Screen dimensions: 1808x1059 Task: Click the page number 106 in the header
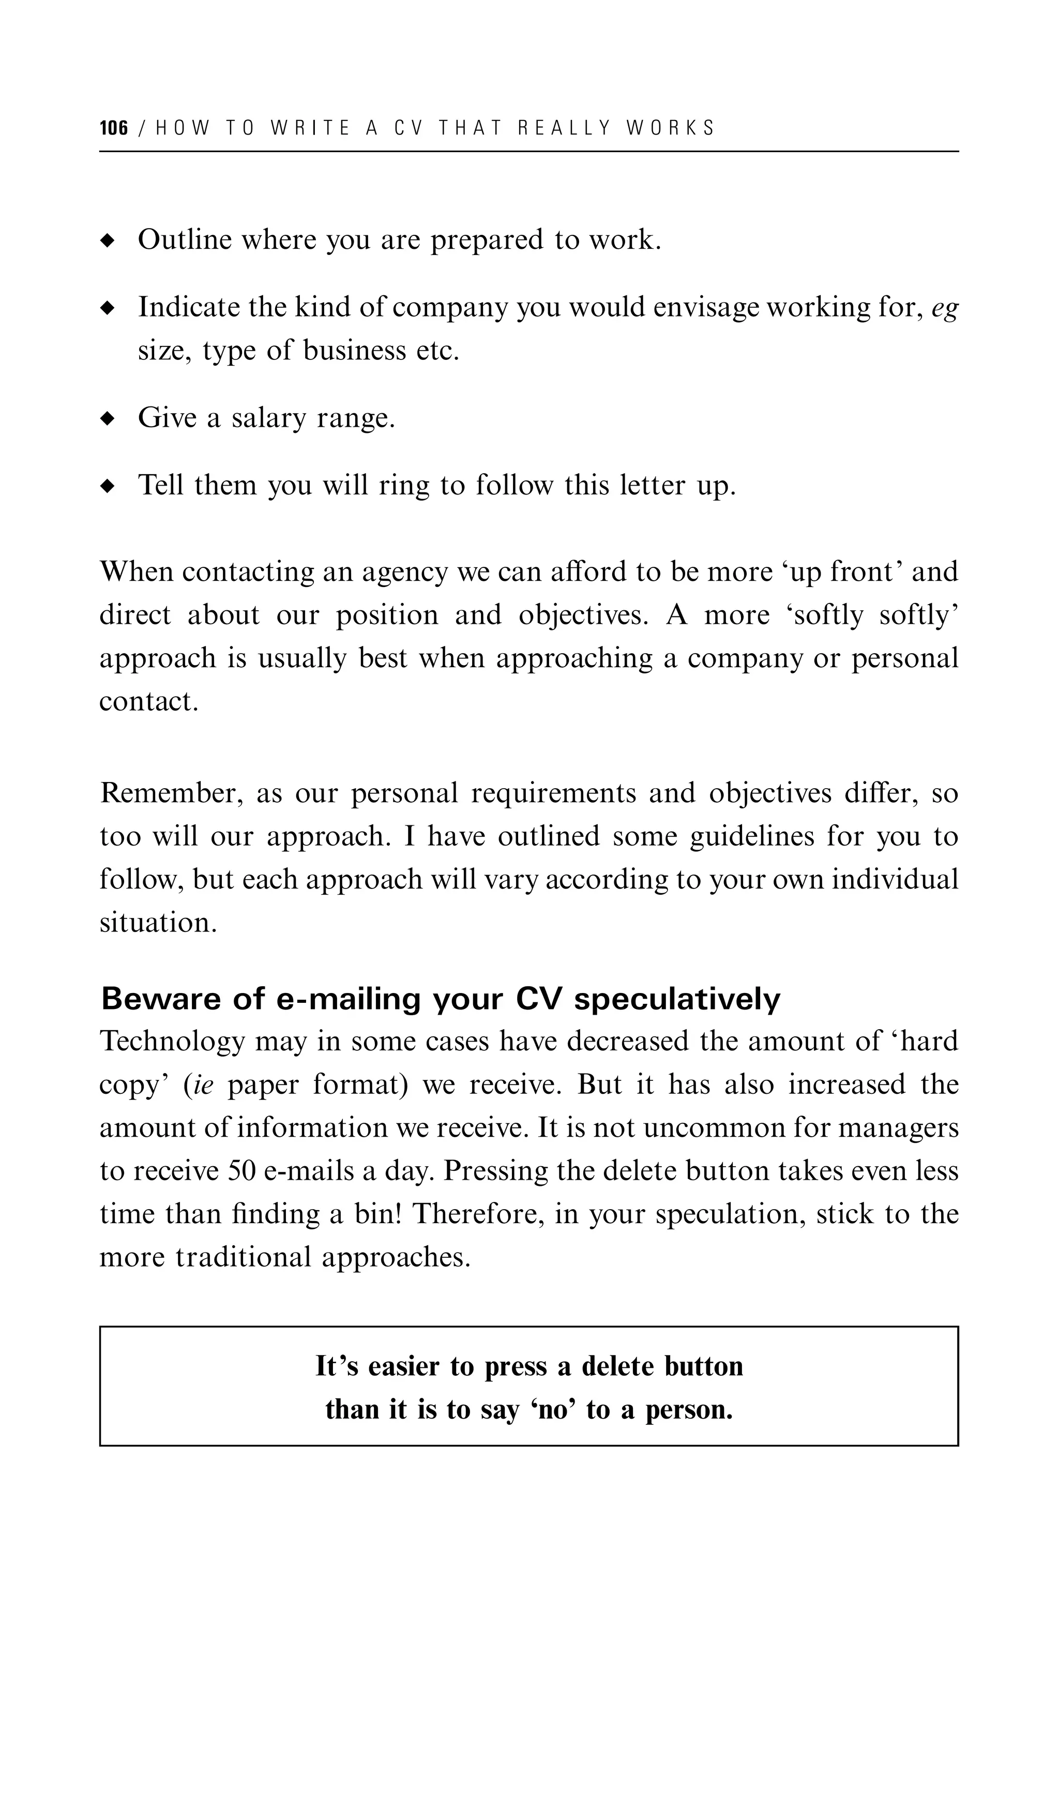point(113,128)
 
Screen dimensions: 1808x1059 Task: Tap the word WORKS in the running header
point(670,128)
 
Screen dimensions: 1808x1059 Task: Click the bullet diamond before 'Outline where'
point(108,240)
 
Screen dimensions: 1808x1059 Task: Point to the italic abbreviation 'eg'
point(944,309)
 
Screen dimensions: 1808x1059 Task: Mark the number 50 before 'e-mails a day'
point(242,1171)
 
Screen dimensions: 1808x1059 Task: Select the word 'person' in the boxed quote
point(687,1410)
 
